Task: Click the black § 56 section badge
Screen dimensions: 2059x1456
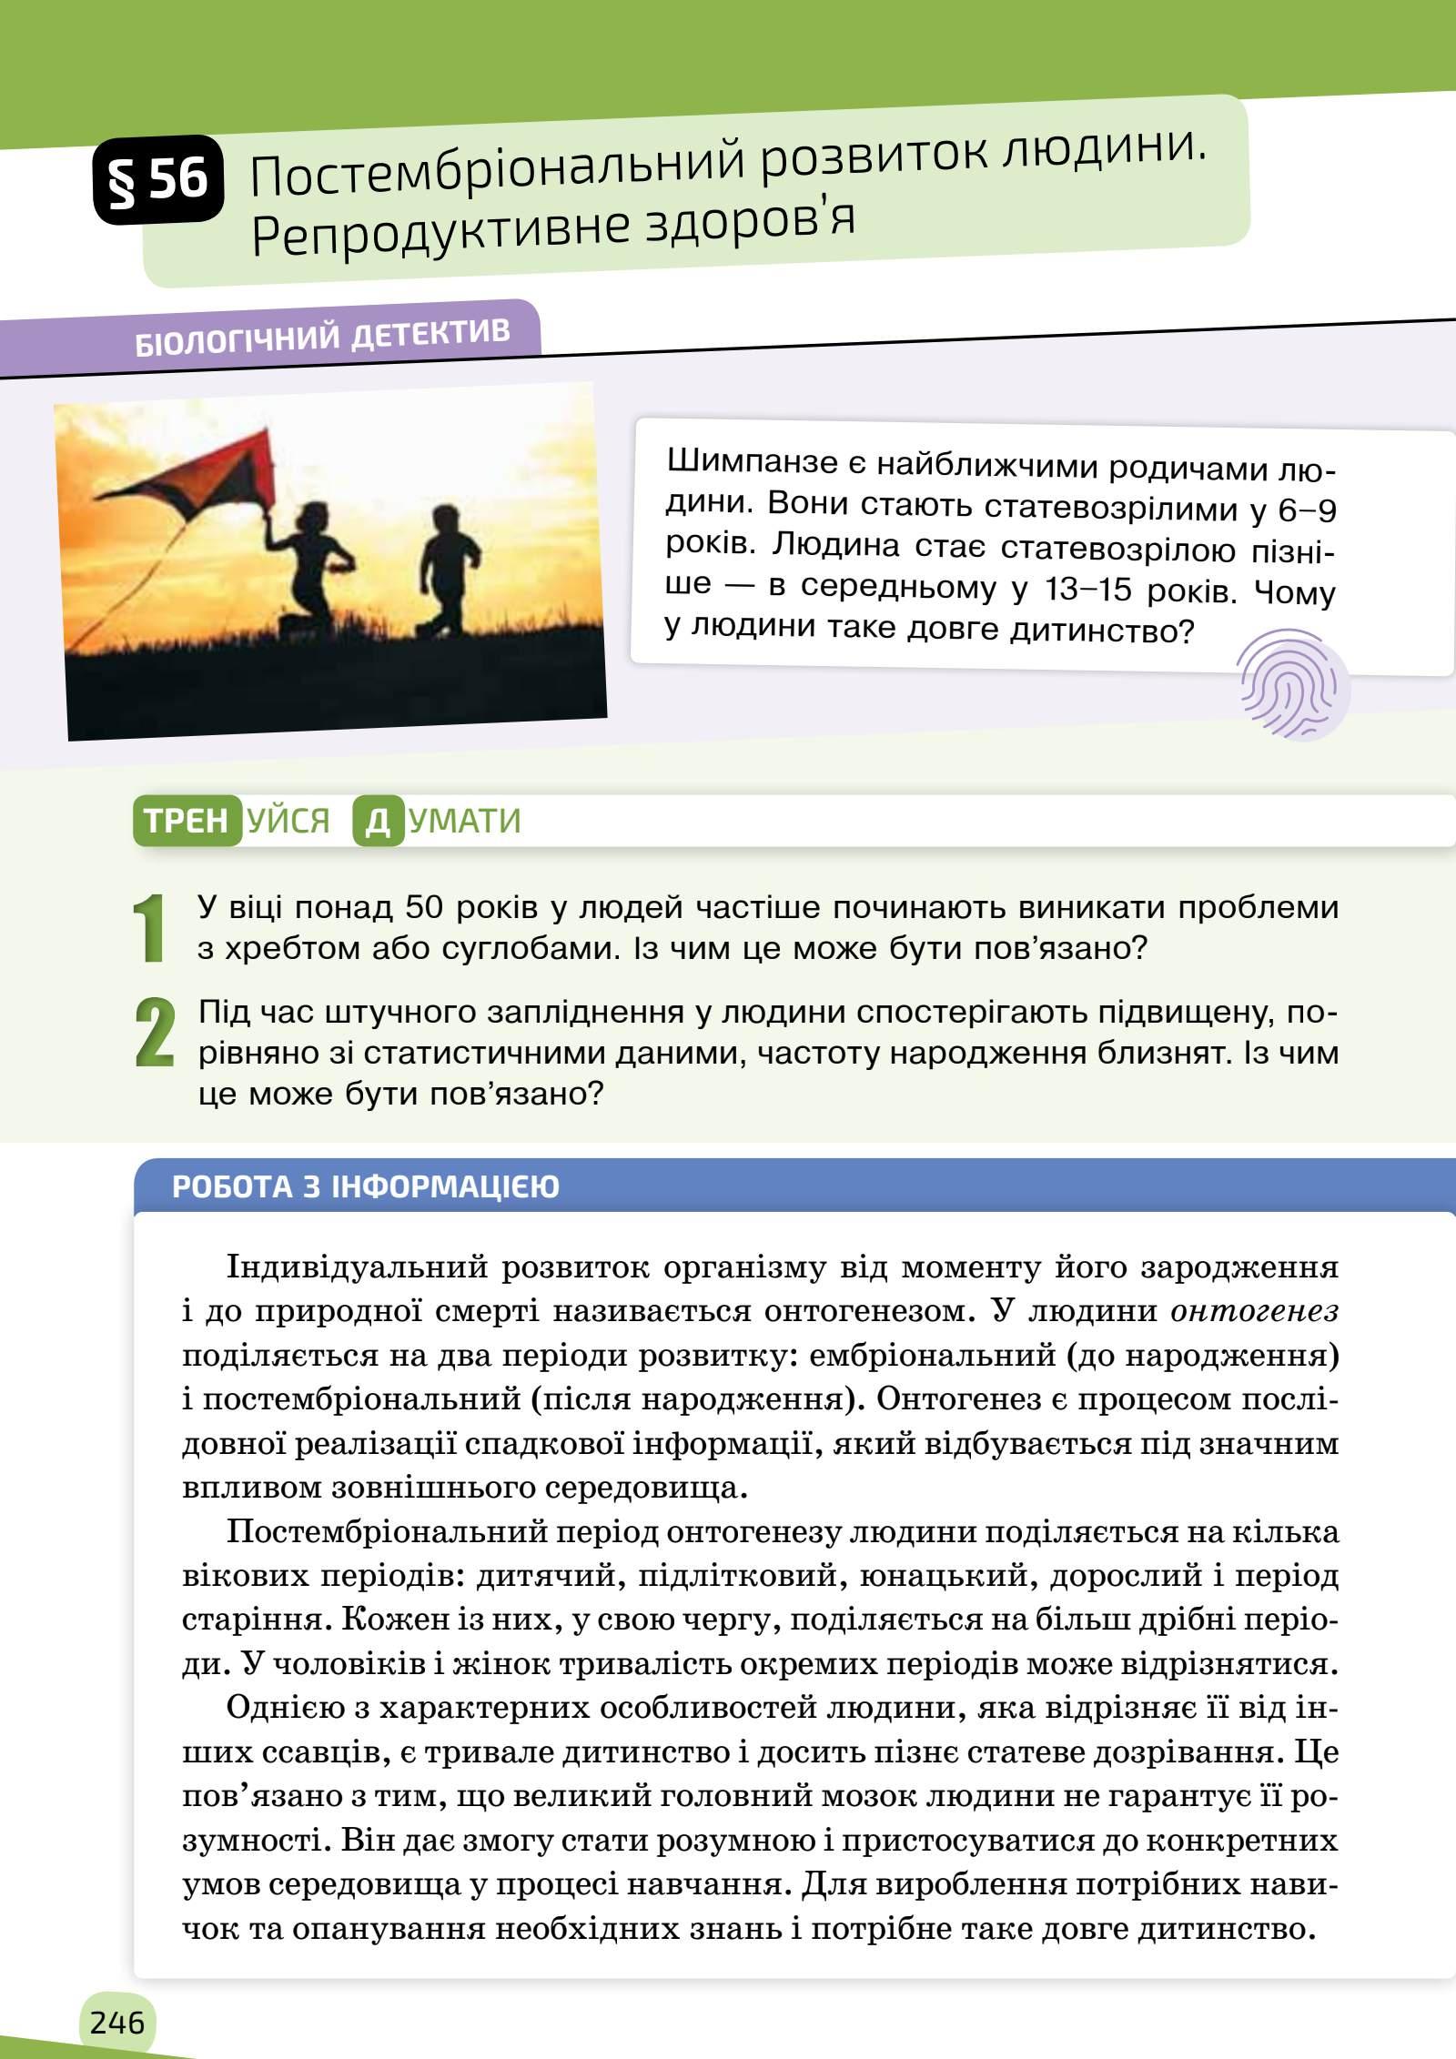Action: [157, 178]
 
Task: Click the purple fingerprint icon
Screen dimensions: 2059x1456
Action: [1294, 682]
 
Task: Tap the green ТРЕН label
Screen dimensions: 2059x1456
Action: [187, 821]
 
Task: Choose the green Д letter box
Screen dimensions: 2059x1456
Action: [378, 821]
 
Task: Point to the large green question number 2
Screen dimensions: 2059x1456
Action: [153, 1032]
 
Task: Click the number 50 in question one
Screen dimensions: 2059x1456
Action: [425, 907]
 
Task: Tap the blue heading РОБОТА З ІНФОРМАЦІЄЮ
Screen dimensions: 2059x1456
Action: [366, 1187]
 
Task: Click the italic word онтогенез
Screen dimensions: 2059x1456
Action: [1254, 1311]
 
